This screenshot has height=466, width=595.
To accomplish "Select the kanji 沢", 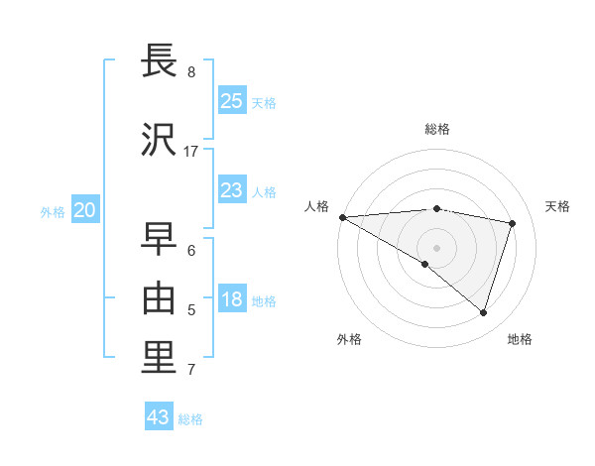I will coord(161,140).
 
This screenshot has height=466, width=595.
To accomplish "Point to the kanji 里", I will coord(161,358).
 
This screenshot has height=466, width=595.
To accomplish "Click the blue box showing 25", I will coord(231,101).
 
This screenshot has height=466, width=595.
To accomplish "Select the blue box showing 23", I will coord(231,190).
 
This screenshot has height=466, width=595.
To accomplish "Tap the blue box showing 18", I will coord(231,300).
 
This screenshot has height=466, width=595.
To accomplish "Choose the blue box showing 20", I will coord(85,210).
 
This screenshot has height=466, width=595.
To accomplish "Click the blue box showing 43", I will coord(158,417).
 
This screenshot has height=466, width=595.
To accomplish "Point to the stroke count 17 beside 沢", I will coord(191,151).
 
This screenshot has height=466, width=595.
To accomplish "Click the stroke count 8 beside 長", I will coord(191,71).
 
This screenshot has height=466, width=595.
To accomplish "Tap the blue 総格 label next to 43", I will coord(190,419).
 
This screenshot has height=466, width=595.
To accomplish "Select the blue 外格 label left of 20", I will coord(53,211).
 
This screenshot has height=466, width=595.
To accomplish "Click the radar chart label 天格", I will coord(558,206).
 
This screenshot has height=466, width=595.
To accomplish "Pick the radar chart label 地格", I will coord(520,339).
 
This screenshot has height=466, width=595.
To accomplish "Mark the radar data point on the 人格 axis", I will coord(342,216).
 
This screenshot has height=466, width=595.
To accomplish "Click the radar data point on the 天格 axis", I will coord(513,223).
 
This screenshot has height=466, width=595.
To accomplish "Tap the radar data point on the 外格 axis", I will coord(425,264).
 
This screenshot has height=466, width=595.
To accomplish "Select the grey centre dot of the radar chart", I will coord(436,247).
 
